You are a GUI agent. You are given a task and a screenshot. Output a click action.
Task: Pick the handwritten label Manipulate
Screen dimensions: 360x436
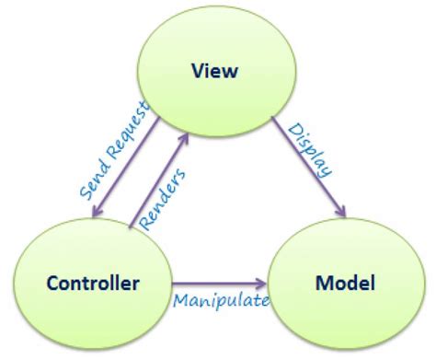pyautogui.click(x=221, y=300)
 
